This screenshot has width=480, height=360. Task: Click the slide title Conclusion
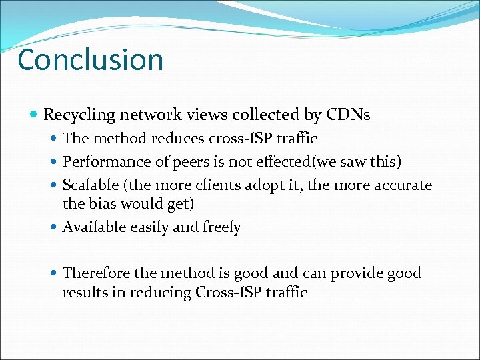90,59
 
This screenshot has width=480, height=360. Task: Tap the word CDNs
348,115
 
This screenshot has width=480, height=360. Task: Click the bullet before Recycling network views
35,115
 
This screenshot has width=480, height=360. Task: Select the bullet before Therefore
54,273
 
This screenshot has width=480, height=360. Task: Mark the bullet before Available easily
54,227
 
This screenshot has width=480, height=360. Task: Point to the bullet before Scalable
54,185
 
